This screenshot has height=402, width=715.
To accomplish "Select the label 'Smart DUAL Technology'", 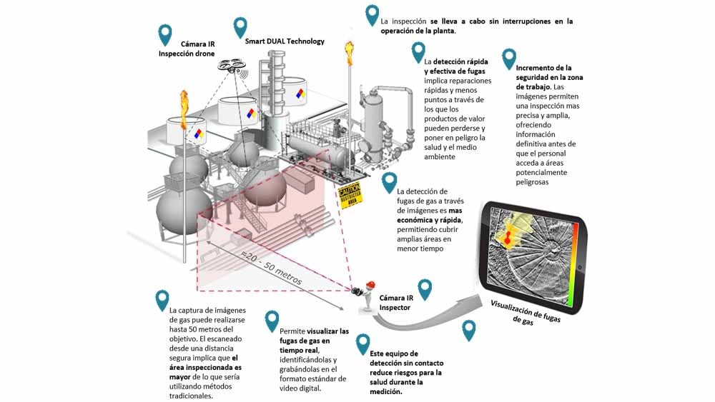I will [x=285, y=41].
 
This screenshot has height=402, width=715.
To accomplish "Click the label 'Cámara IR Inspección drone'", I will [x=187, y=49].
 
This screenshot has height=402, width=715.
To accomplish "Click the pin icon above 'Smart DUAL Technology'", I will [x=240, y=26].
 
